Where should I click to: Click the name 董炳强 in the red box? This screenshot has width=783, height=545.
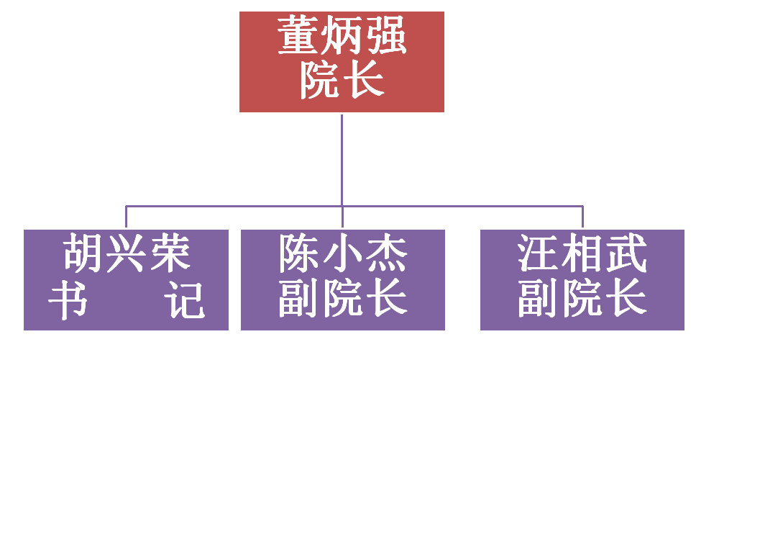342,35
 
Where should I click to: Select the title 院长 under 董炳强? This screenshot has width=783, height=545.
342,80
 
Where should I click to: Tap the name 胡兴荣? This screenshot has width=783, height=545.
127,253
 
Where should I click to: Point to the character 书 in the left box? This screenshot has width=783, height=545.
68,299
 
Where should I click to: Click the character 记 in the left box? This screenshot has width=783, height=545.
186,299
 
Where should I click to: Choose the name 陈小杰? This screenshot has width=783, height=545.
343,253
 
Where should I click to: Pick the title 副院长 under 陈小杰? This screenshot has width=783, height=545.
343,298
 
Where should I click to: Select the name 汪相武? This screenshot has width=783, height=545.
582,253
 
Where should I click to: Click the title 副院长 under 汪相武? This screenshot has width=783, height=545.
582,298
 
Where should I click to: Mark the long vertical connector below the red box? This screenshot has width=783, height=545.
342,160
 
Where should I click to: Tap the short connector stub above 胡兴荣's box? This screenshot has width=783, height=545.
126,217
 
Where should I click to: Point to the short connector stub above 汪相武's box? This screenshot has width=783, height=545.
582,217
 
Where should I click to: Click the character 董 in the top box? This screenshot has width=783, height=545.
298,35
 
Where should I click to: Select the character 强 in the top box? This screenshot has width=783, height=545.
387,35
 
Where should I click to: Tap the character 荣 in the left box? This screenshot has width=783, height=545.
171,253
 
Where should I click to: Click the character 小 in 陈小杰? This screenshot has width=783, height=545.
343,253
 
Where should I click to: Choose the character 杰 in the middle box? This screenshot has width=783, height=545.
387,253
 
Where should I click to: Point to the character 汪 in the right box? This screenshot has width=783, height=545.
538,253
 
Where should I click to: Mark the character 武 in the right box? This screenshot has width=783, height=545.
627,253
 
